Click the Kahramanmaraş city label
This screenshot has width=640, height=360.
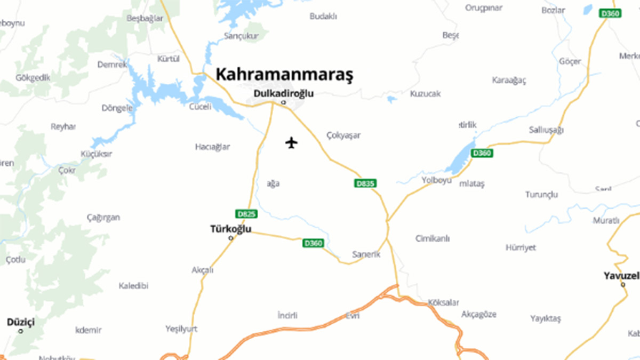(x=284, y=75)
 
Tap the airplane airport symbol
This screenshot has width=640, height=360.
(x=291, y=143)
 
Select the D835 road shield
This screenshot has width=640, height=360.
(x=365, y=183)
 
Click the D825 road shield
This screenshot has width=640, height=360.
(x=246, y=214)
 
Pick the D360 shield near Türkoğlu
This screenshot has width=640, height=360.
(x=313, y=243)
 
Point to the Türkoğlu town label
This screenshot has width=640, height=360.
(x=231, y=230)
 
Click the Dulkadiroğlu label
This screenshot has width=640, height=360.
(x=283, y=94)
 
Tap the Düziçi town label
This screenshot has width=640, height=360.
(x=21, y=322)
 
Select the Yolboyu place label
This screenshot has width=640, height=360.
(x=436, y=180)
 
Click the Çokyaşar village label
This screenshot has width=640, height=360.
(x=343, y=135)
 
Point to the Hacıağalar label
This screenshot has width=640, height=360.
(x=212, y=147)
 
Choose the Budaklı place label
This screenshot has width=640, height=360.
(x=323, y=17)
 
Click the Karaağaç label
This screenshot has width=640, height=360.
(x=509, y=81)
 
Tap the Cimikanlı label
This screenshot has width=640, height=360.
(x=433, y=238)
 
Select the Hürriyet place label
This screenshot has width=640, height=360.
(x=521, y=247)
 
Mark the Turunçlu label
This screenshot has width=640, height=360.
(x=541, y=194)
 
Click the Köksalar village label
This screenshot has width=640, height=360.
(x=443, y=302)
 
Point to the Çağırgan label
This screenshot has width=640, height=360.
(x=103, y=218)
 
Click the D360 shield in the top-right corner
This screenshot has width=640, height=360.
(x=610, y=13)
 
